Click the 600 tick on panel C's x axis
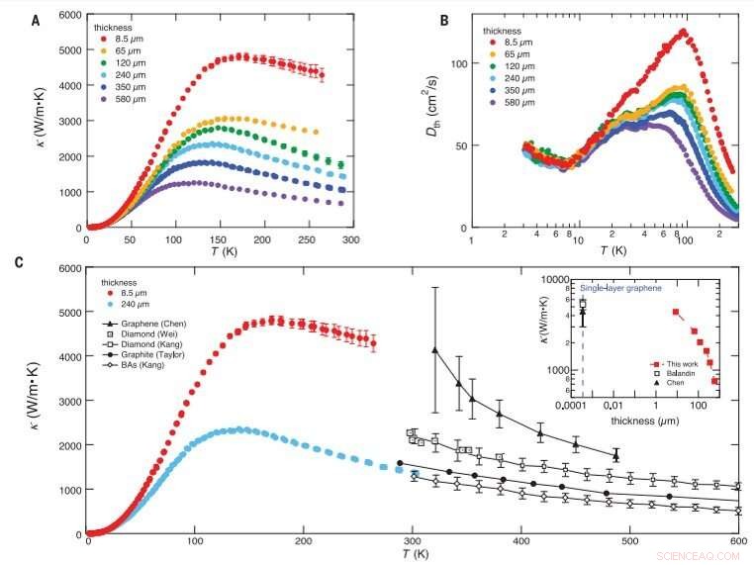click(x=736, y=545)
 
